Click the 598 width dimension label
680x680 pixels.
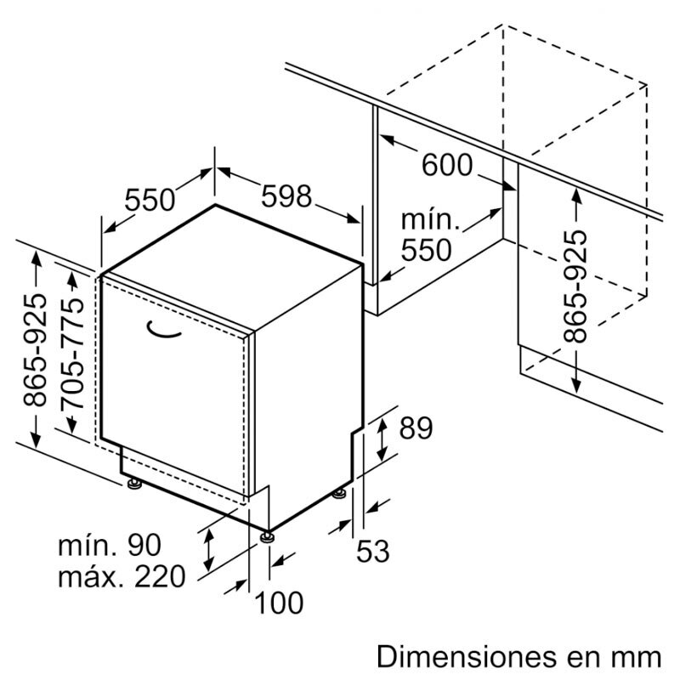point(286,196)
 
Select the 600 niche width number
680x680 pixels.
point(447,165)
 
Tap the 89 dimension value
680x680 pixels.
point(416,428)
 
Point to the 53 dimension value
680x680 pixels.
point(373,551)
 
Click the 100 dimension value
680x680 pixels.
point(279,603)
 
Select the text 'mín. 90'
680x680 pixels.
point(110,546)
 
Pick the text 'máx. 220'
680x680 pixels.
point(122,577)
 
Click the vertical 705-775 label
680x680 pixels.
point(72,354)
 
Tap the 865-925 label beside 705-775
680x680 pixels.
point(35,350)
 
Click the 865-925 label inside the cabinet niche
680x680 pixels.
point(575,286)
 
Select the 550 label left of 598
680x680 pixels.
point(150,200)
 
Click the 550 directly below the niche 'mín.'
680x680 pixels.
point(427,250)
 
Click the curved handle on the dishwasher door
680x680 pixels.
point(164,329)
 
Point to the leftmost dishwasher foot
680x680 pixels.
point(134,484)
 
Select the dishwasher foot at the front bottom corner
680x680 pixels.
point(267,537)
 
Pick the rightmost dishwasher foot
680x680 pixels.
point(339,493)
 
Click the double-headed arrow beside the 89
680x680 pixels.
point(382,439)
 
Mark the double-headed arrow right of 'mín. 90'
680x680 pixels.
point(208,550)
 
